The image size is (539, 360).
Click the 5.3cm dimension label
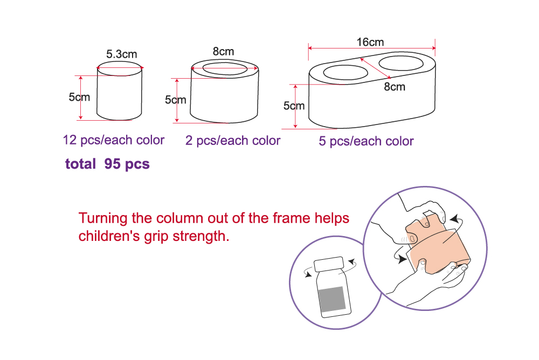pos(121,54)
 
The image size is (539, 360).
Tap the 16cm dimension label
pos(370,42)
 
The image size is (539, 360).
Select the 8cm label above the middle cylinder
pos(224,51)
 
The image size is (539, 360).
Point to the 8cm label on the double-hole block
pos(395,87)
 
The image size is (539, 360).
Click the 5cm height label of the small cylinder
pos(79,97)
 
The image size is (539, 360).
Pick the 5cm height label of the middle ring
pos(175,100)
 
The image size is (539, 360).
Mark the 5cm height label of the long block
pos(294,106)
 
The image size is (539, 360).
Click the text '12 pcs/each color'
pos(113,140)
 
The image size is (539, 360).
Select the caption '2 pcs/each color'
pos(233,141)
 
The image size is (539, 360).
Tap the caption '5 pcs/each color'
pos(366,141)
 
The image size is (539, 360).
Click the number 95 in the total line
pos(112,164)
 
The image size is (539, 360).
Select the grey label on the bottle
pos(332,299)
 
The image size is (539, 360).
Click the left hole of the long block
pos(346,73)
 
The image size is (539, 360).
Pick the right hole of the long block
pos(401,63)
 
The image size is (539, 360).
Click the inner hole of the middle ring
pos(225,68)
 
